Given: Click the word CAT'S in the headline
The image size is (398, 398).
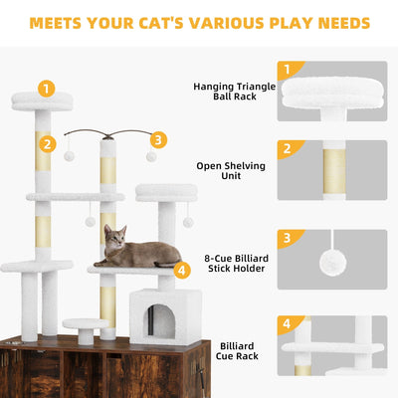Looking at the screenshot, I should [175, 22].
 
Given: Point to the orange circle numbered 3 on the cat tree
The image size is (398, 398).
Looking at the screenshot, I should [158, 140].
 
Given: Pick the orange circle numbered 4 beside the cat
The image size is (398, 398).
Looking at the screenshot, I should [181, 269].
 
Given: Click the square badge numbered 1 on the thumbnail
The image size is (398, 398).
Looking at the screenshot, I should [288, 69].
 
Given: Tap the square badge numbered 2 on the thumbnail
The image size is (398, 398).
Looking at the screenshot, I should [288, 149].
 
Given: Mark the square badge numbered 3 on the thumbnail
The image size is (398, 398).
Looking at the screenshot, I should [288, 238].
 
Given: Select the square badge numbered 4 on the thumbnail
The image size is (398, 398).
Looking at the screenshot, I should [288, 323].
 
